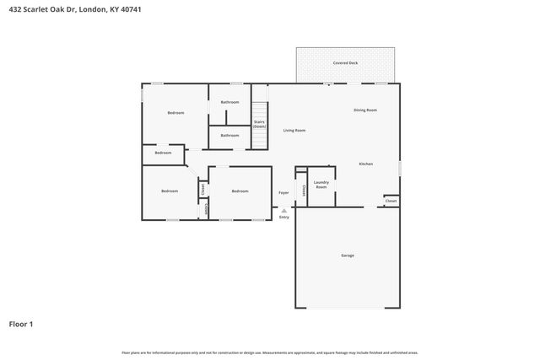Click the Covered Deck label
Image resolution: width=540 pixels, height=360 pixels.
(344, 62)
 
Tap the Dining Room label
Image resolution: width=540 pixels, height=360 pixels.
(364, 110)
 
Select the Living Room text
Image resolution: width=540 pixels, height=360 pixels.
(294, 131)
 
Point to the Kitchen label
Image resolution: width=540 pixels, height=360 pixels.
(365, 164)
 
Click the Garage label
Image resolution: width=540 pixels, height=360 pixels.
(347, 255)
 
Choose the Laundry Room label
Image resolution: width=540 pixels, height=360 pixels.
(321, 185)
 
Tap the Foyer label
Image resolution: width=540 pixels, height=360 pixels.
(283, 193)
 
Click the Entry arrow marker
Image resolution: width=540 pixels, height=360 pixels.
(283, 209)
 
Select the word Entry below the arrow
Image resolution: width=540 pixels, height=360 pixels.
(283, 218)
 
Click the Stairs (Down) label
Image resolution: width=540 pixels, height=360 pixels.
(259, 124)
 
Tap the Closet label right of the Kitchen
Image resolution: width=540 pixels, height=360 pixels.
(391, 201)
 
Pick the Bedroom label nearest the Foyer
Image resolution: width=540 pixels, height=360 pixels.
(240, 191)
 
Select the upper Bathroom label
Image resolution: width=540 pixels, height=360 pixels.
(229, 102)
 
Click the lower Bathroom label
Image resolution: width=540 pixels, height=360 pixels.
(229, 136)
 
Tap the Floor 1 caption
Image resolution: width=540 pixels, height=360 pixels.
(21, 323)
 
